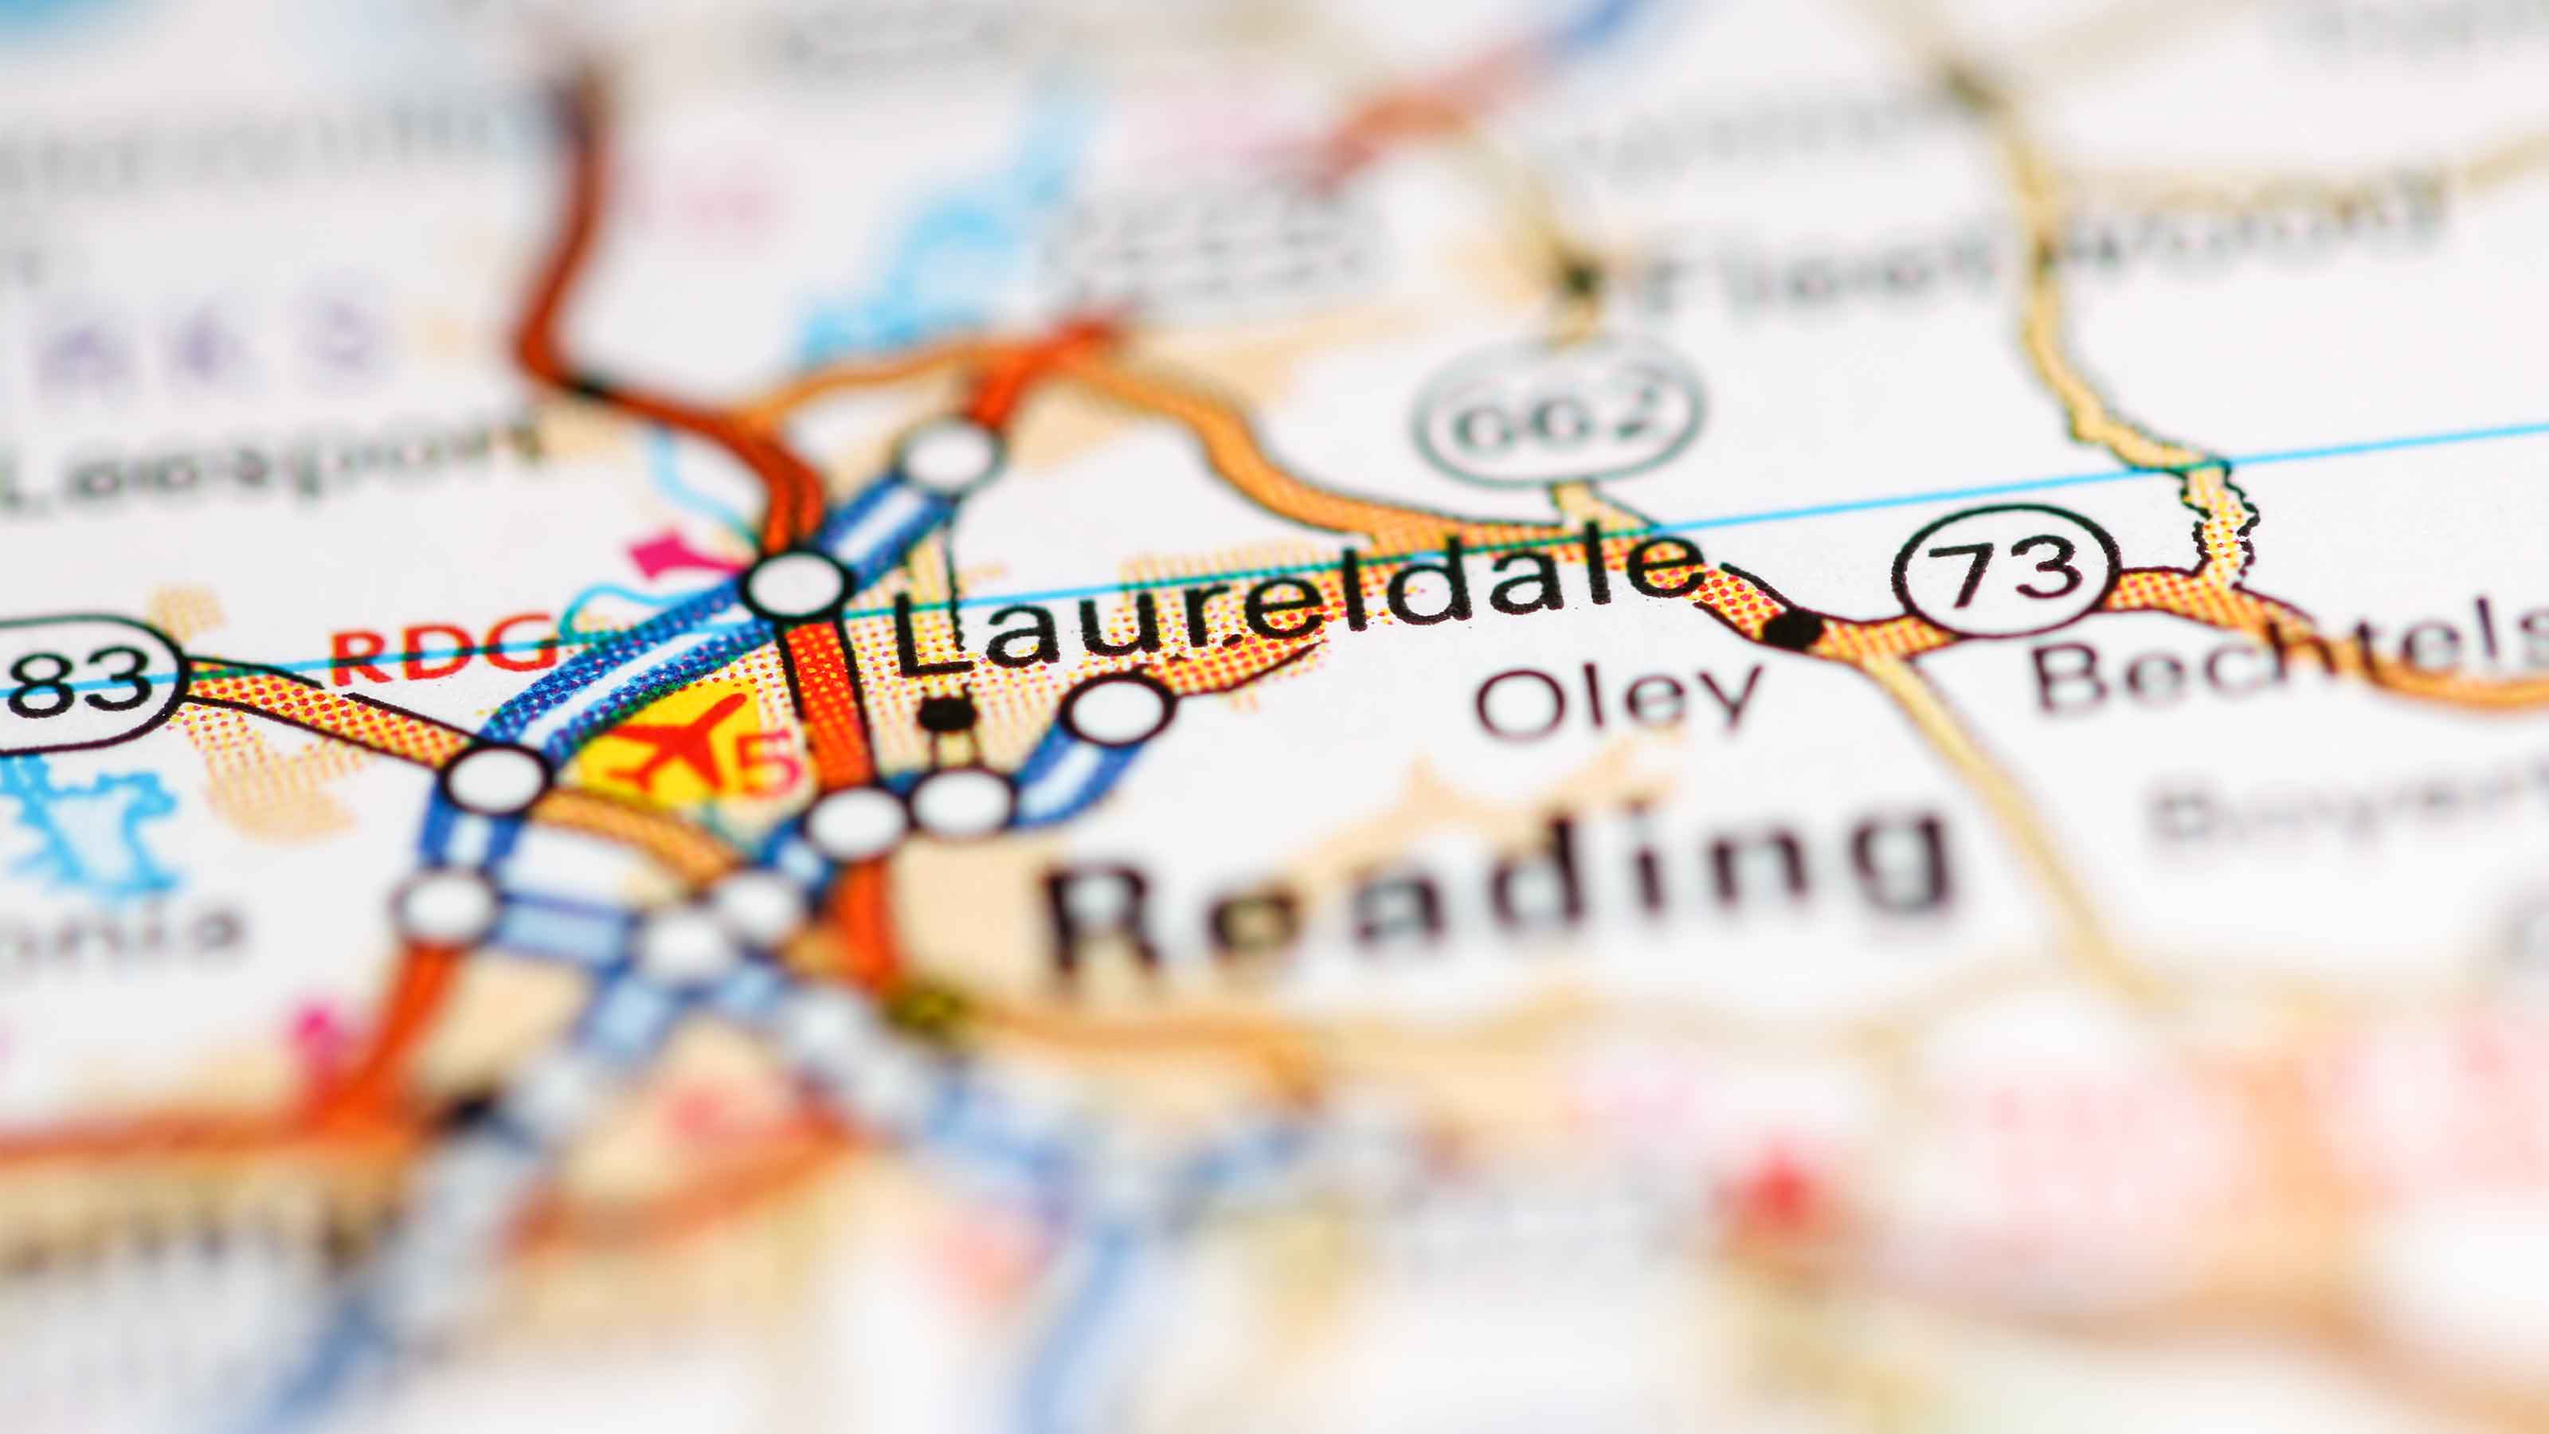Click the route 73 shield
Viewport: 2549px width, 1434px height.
tap(2006, 571)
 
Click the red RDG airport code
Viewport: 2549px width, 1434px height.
tap(440, 648)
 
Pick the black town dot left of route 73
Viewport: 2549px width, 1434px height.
tap(1794, 628)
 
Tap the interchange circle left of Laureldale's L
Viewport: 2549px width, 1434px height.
tap(797, 586)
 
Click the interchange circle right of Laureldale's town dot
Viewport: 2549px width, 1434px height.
tap(1118, 710)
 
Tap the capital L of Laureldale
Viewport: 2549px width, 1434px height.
tap(935, 633)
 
